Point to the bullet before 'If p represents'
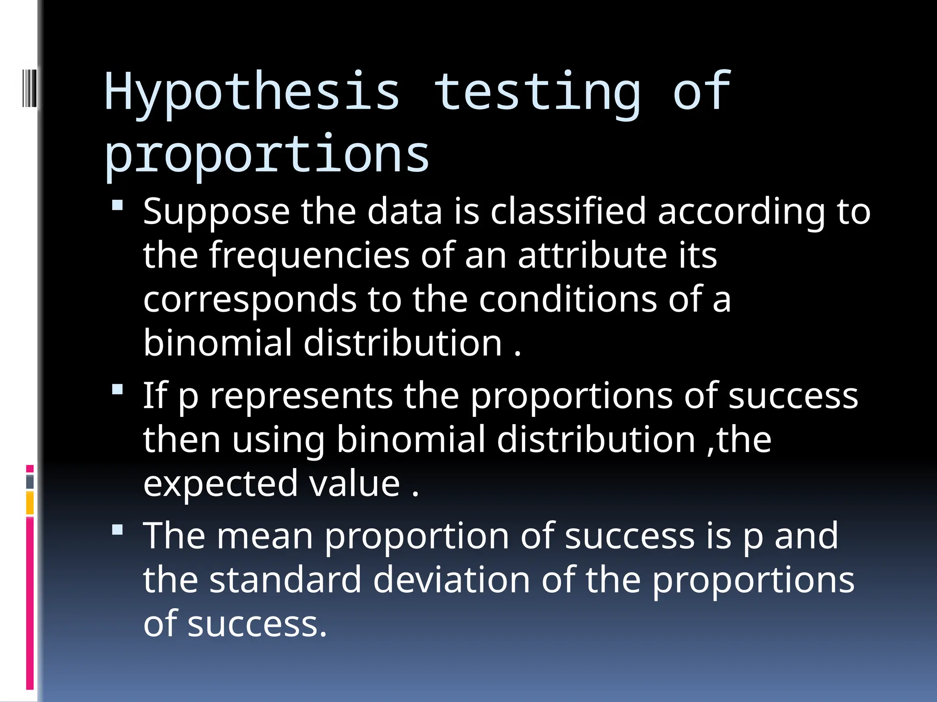[118, 389]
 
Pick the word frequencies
[309, 255]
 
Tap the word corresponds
[250, 300]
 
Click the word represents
[301, 396]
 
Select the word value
[355, 484]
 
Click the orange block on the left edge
[30, 503]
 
